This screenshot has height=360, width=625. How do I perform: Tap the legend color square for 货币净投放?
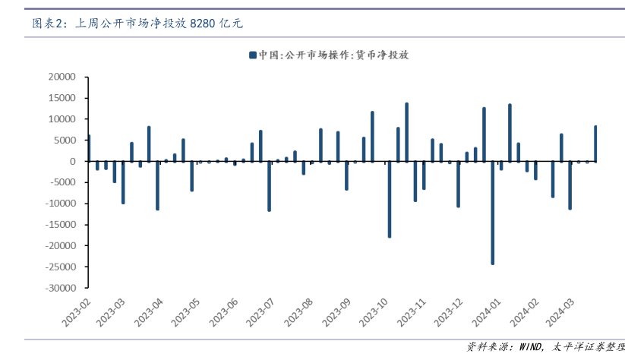point(251,55)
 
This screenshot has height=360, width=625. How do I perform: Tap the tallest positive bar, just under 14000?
point(406,132)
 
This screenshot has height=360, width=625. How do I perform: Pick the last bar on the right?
point(595,144)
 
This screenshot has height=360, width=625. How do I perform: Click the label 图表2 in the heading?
point(46,24)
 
